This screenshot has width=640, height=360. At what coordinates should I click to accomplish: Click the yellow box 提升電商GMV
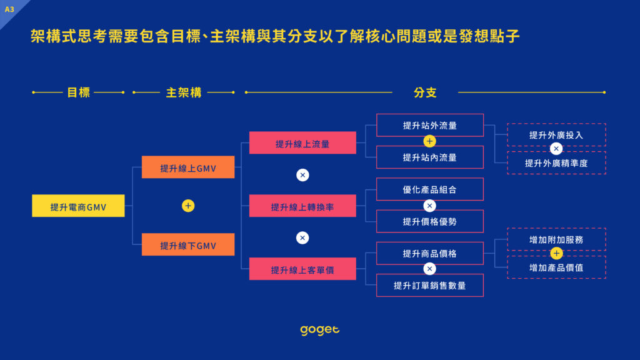tap(78, 206)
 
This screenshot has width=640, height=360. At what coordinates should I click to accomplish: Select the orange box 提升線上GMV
tap(188, 167)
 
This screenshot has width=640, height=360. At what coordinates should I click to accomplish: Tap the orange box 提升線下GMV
tap(188, 244)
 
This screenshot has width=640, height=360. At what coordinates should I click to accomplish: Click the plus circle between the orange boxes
tap(188, 206)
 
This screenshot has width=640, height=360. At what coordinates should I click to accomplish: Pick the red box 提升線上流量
tap(302, 143)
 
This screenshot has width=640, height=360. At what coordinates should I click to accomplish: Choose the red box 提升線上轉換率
tap(302, 206)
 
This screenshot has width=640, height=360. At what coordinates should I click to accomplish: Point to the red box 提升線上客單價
tap(302, 269)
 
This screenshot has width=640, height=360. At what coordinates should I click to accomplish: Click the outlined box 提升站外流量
tap(430, 125)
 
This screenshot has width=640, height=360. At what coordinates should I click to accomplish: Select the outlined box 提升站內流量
tap(430, 157)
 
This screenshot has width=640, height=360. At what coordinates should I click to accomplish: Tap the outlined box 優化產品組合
tap(430, 189)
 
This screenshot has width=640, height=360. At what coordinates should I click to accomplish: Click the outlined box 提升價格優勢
tap(430, 221)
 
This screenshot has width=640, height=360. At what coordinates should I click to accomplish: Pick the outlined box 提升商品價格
tap(430, 253)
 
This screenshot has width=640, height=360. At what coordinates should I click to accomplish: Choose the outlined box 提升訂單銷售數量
tap(430, 285)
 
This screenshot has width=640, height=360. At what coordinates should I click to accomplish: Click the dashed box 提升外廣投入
tap(556, 135)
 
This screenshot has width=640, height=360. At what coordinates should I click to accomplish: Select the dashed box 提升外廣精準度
tap(556, 163)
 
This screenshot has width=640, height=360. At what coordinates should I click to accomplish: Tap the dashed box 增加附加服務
tap(556, 239)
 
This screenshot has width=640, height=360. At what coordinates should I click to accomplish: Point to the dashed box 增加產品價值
tap(556, 267)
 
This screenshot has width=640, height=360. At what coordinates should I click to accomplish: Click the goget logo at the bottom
tap(320, 330)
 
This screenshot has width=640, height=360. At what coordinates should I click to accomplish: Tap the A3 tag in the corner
tap(9, 9)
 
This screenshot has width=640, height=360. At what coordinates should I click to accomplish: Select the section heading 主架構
tap(184, 92)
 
